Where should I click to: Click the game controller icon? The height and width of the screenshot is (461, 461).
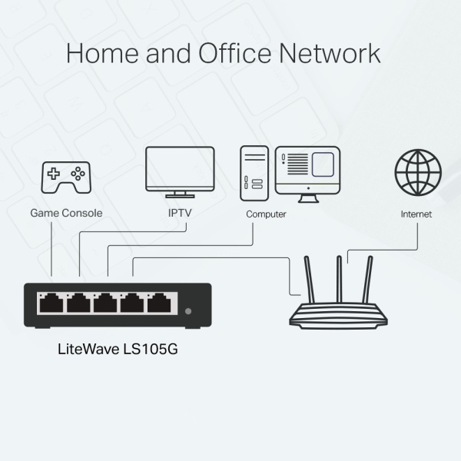click(x=65, y=176)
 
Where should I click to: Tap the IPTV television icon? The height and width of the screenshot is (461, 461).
click(x=178, y=171)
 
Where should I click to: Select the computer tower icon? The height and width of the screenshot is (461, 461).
click(x=253, y=169)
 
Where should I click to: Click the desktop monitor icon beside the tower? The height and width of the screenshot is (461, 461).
click(x=307, y=171)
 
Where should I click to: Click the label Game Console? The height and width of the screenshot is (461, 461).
click(x=65, y=213)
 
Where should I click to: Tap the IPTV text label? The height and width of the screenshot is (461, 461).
click(x=178, y=213)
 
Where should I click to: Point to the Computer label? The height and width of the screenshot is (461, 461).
click(x=266, y=214)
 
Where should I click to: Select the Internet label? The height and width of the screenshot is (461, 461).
click(x=416, y=214)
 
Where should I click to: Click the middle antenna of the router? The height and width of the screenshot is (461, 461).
click(x=337, y=277)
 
